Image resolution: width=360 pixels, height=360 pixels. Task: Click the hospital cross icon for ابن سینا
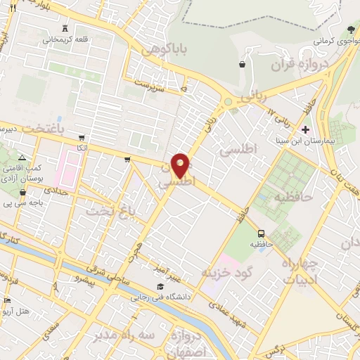[x=305, y=129]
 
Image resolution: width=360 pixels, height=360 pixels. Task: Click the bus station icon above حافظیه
[x=261, y=233]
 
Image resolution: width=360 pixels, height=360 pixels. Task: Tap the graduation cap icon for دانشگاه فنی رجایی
[x=161, y=287]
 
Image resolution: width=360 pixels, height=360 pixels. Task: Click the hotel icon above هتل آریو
[x=8, y=300]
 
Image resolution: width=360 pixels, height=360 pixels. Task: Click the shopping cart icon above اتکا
[x=82, y=138]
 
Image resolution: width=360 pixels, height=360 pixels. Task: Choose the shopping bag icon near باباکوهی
[x=243, y=64]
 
